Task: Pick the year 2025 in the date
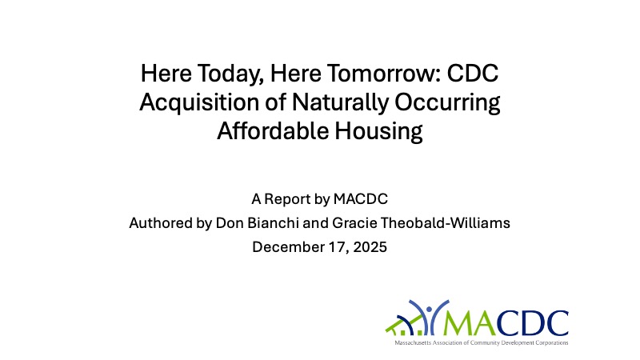click(369, 246)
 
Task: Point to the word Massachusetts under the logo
click(412, 342)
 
